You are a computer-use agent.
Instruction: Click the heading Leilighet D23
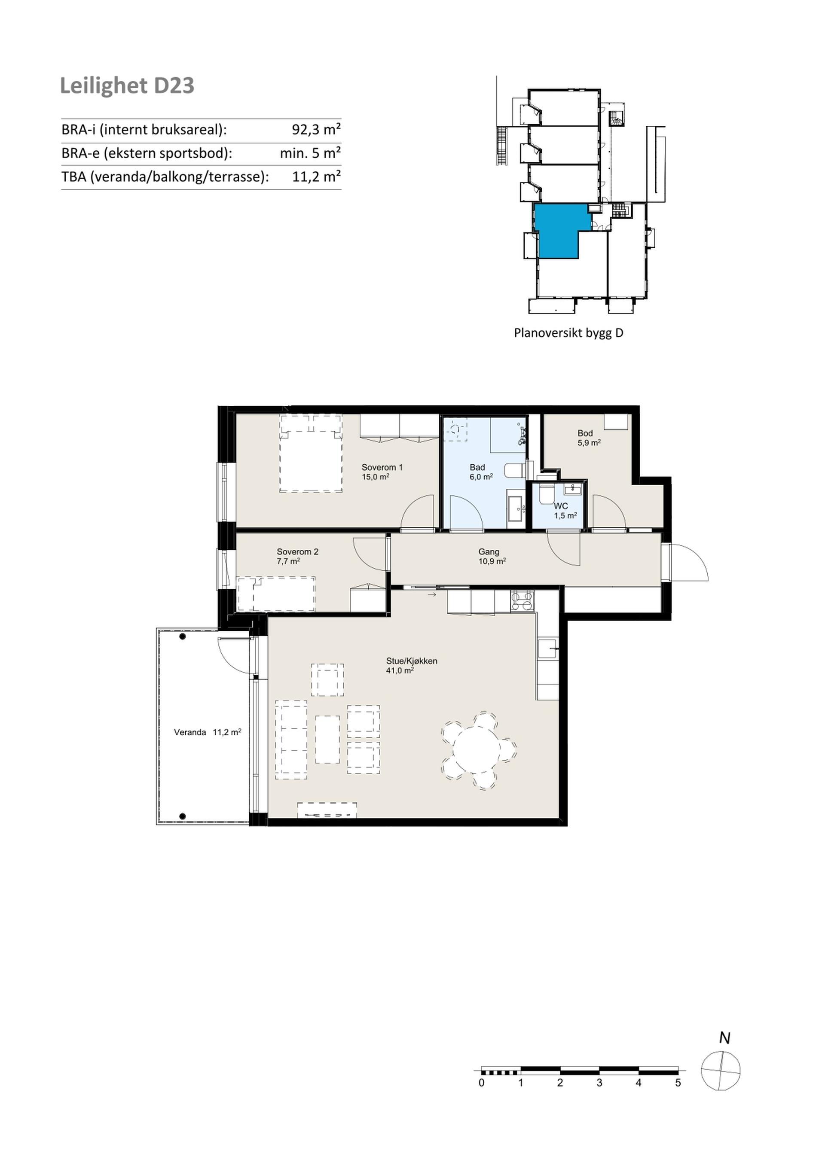[x=127, y=86]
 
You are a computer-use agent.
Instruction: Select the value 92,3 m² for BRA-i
[x=316, y=130]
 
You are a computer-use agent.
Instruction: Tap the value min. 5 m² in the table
[x=310, y=153]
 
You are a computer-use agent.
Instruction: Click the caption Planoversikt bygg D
[x=568, y=333]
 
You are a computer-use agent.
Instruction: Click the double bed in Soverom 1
[x=310, y=453]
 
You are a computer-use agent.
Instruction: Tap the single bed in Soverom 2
[x=276, y=593]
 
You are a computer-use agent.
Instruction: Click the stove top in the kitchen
[x=522, y=600]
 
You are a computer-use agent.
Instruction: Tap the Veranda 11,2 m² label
[x=207, y=732]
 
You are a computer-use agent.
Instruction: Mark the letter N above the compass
[x=724, y=1038]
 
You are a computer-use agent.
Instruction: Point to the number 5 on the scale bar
[x=678, y=1083]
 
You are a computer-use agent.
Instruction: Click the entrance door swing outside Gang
[x=689, y=562]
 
